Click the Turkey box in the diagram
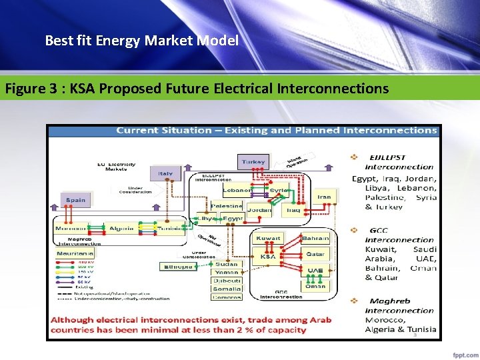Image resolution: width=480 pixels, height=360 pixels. pos(253,161)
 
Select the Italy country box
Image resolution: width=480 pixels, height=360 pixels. pos(165,174)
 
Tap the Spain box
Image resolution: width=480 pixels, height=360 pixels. pos(75,200)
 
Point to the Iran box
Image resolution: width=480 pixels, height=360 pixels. pos(324,197)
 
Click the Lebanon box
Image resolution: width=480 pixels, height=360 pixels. pos(237,190)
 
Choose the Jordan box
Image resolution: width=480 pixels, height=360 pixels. pos(259,210)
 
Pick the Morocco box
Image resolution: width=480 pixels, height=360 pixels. pos(71,228)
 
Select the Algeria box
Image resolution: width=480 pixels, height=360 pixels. pos(121,228)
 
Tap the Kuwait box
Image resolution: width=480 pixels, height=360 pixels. pos(268,238)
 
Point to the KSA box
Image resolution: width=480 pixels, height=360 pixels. pos(268,256)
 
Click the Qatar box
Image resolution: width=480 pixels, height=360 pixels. pos(315,254)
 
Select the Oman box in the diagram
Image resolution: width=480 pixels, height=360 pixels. pos(315,287)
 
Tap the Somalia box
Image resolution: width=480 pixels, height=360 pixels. pos(228,289)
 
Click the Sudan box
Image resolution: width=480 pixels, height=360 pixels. pos(227,264)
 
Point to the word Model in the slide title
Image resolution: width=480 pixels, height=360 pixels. pos(218,41)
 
